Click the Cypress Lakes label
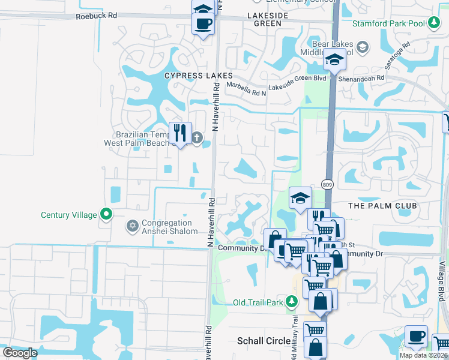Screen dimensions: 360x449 [198, 76]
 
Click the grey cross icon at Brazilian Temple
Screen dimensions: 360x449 [196, 138]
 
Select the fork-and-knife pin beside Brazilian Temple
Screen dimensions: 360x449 [180, 133]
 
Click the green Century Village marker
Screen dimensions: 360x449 [106, 214]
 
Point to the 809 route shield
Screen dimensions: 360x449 [327, 184]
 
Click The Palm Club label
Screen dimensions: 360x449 [382, 206]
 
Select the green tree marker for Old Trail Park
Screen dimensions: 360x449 [292, 302]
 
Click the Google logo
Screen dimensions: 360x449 [20, 353]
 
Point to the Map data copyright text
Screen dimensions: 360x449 [423, 355]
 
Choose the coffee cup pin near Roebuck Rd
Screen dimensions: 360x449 [202, 24]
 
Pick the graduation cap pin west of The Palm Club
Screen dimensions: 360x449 [300, 198]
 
